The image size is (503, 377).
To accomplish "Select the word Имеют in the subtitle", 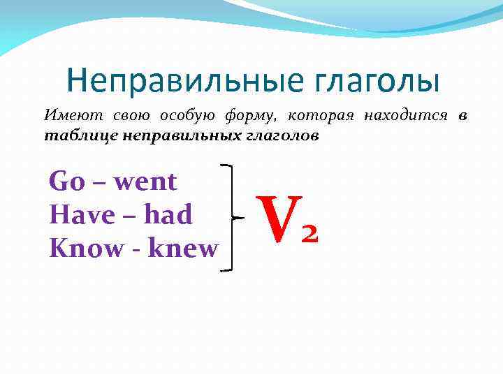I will point(67,116).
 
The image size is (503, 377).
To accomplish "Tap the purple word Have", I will point(81,215).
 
